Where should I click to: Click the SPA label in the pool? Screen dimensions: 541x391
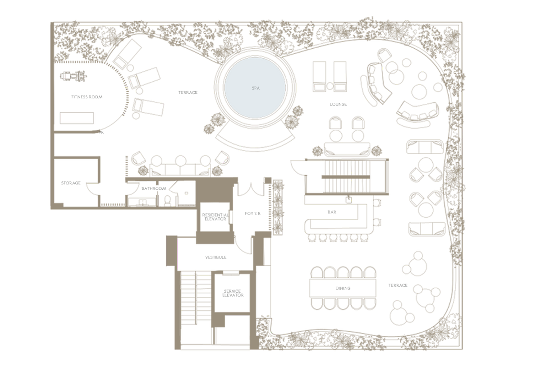click(256, 88)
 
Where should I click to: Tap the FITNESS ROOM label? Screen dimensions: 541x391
click(87, 97)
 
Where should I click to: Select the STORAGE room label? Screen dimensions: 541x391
click(71, 183)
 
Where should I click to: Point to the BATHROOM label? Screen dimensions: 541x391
click(154, 188)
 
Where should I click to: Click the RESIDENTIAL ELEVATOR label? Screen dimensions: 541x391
click(215, 217)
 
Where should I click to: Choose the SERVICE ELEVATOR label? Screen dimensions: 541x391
click(233, 293)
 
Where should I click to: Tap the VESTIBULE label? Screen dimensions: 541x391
click(215, 258)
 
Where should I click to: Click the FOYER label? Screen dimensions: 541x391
click(252, 214)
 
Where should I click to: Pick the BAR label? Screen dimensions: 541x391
click(332, 212)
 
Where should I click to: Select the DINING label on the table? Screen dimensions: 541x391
click(343, 288)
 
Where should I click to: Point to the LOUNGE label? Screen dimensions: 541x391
click(339, 104)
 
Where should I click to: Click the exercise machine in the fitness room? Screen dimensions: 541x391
click(73, 76)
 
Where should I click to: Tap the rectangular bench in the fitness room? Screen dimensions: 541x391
click(77, 118)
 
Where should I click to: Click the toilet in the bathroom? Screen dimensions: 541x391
click(167, 200)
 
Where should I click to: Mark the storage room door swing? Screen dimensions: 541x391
click(92, 189)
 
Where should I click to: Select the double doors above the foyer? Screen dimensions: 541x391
click(252, 190)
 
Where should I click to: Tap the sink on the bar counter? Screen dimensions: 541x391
click(348, 200)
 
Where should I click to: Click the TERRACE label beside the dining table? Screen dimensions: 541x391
click(398, 285)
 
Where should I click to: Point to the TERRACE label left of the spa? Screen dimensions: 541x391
click(188, 92)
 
